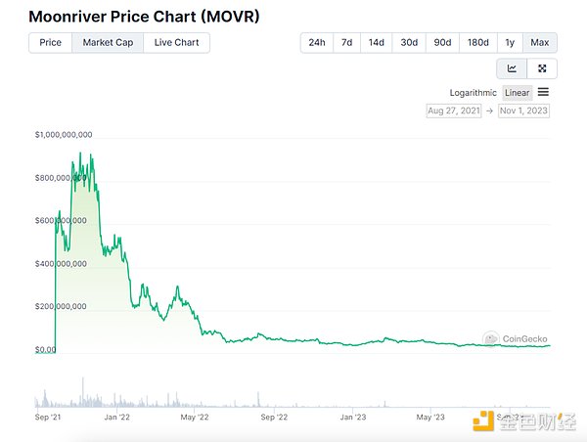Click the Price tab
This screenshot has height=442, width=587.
[50, 43]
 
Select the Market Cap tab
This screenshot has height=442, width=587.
[108, 43]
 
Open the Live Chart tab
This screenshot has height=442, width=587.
[176, 43]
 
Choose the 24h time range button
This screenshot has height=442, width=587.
[317, 43]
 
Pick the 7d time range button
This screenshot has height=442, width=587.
[346, 43]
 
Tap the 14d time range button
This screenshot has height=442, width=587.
[377, 43]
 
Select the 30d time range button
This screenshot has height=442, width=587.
[409, 43]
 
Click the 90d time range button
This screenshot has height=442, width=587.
[442, 43]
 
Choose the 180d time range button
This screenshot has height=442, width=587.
[477, 43]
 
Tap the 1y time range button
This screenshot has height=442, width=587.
[510, 43]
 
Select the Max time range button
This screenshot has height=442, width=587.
[539, 43]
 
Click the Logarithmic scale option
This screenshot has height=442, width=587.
[474, 93]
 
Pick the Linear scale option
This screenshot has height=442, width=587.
[518, 93]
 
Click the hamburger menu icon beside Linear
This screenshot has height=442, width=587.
[543, 92]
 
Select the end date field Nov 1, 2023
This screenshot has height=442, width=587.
[523, 110]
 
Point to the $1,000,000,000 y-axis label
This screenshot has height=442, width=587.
[64, 135]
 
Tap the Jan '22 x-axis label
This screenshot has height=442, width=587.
[118, 417]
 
